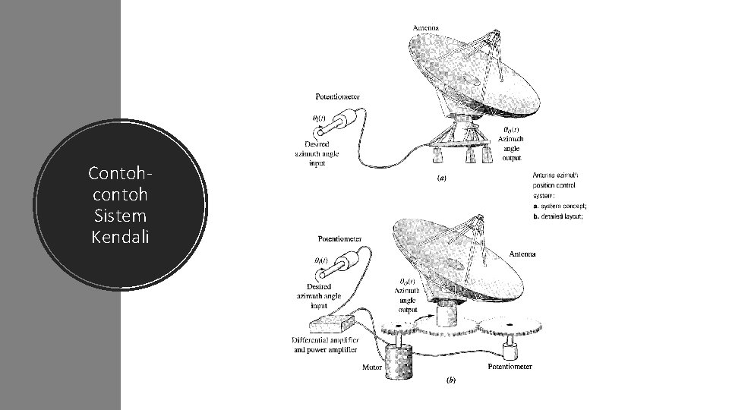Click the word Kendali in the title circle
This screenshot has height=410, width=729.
(x=120, y=237)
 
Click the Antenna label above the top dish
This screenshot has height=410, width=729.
(x=425, y=28)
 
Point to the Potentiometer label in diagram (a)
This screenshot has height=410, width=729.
(x=337, y=96)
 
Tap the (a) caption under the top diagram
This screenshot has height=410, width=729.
(x=440, y=179)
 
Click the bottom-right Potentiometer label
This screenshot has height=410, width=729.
(x=509, y=367)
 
